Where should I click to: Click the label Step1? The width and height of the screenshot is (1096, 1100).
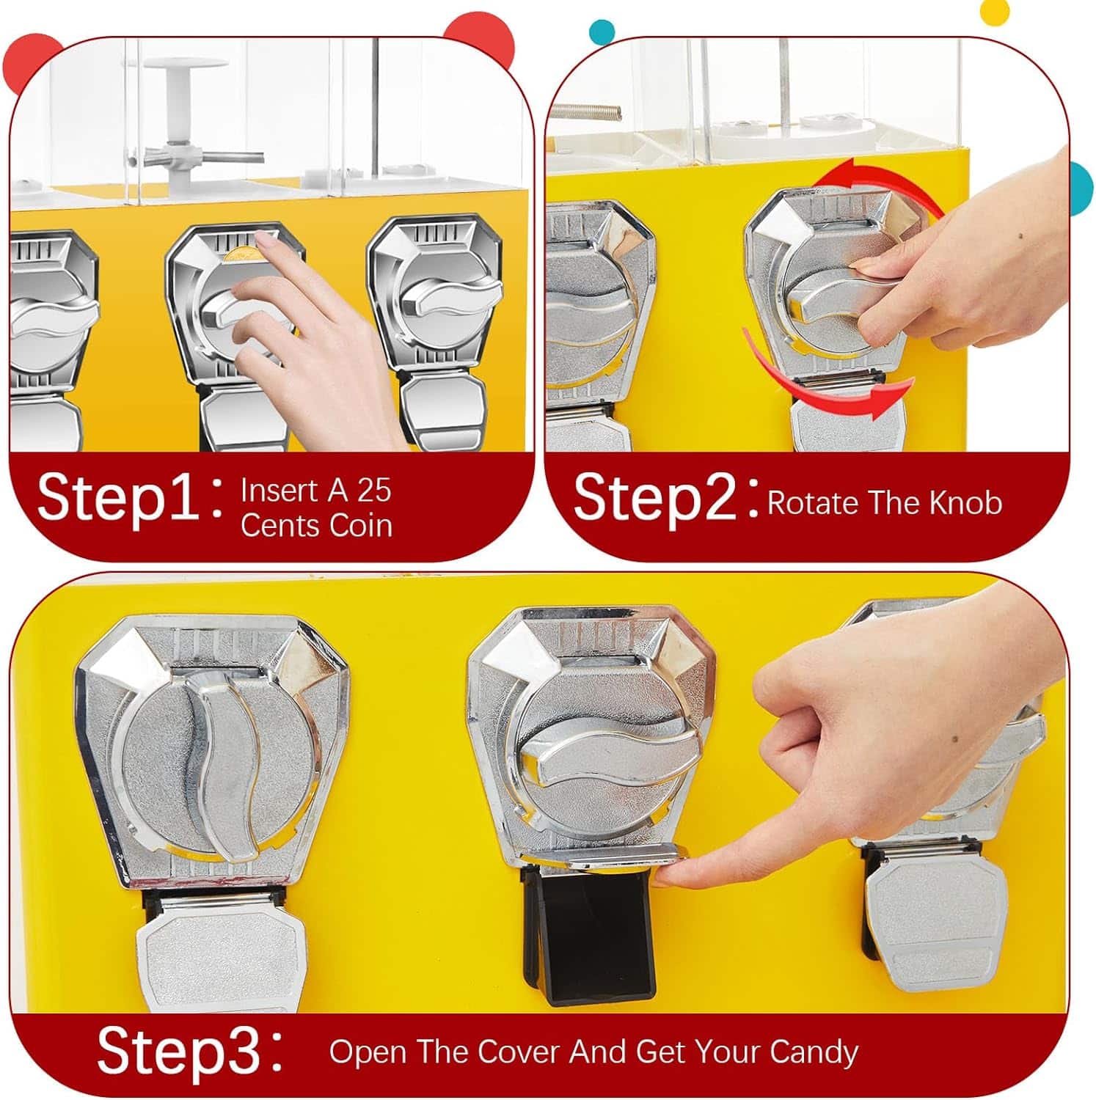[x=117, y=498]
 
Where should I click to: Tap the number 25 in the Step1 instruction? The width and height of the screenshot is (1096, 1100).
[x=373, y=491]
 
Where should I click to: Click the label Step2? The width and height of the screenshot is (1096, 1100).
[x=654, y=497]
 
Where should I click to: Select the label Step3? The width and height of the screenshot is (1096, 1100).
[x=179, y=1051]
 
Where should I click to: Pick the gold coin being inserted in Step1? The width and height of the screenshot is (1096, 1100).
[x=242, y=254]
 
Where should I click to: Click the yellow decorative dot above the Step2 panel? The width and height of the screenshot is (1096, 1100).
[x=995, y=9]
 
